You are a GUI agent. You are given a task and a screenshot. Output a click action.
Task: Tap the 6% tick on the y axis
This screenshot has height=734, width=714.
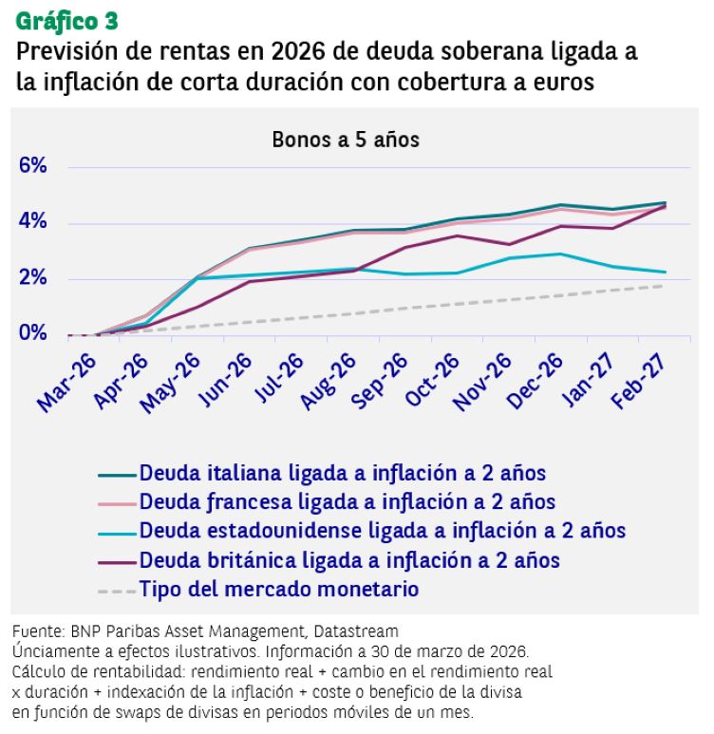point(32,167)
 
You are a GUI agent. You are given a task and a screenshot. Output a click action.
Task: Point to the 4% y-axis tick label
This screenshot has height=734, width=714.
point(32,222)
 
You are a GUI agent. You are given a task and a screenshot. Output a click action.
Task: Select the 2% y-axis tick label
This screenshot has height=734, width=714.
point(32,278)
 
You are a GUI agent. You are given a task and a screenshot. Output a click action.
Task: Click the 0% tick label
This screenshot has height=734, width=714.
point(32,333)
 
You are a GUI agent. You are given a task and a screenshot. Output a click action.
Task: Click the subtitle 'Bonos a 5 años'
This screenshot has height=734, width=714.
point(346,139)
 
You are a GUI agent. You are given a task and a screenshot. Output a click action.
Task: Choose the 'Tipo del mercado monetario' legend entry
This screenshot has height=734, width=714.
point(278,589)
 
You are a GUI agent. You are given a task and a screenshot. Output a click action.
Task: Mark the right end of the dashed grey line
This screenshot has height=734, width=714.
point(664,286)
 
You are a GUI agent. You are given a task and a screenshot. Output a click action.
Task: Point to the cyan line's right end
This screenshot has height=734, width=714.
point(664,272)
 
